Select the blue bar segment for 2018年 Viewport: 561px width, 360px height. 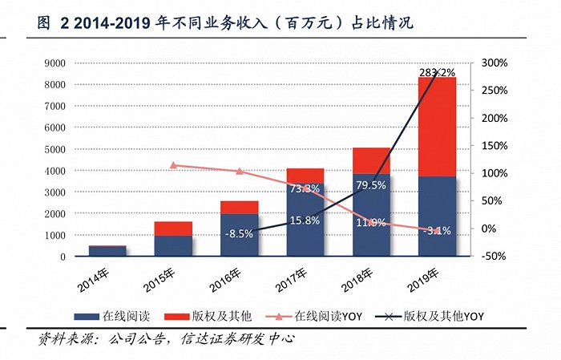(x=371, y=215)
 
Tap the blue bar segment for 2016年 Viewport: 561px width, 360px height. (x=240, y=235)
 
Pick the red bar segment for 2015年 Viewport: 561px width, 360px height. (x=174, y=229)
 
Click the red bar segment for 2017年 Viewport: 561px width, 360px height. (x=305, y=176)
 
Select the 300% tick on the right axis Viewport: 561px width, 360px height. (x=494, y=63)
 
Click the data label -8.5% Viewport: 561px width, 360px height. (x=240, y=235)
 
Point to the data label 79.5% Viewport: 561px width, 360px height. (x=371, y=185)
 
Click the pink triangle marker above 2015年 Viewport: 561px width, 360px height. (x=174, y=165)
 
